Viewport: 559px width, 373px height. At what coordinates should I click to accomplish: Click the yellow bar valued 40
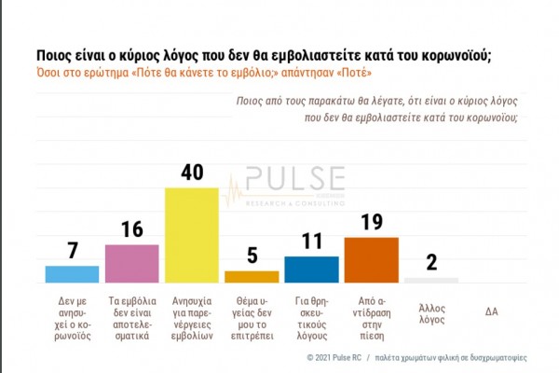(x=191, y=234)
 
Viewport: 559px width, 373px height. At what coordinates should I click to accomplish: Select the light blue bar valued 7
(x=72, y=273)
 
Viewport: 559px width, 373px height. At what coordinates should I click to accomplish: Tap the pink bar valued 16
(x=131, y=262)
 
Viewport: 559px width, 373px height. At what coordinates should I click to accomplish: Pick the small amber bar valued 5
(x=252, y=276)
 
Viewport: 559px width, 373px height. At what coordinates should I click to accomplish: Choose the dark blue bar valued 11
(x=311, y=269)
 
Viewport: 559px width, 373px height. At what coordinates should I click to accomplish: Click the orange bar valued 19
(x=371, y=258)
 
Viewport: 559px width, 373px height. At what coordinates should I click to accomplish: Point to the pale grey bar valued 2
(x=430, y=279)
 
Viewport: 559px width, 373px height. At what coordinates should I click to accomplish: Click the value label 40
(x=191, y=173)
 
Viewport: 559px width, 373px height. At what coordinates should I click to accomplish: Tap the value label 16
(x=131, y=229)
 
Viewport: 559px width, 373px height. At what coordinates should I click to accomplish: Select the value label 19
(x=371, y=222)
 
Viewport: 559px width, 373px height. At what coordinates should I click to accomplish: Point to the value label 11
(x=311, y=242)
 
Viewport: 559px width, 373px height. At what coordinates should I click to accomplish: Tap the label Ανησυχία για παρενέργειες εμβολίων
(x=191, y=319)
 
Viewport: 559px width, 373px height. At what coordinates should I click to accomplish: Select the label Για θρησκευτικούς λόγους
(x=311, y=319)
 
